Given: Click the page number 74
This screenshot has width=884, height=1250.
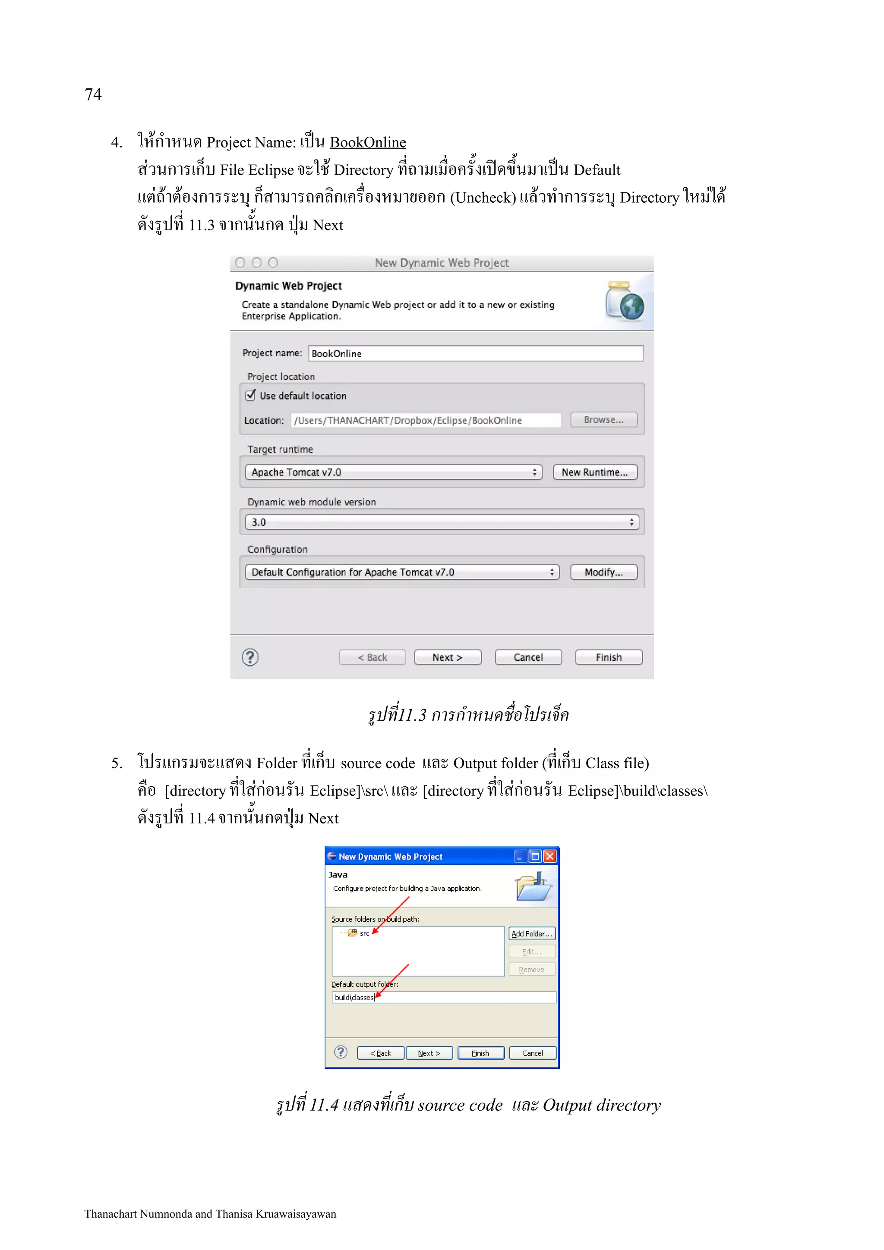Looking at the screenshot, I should click(93, 94).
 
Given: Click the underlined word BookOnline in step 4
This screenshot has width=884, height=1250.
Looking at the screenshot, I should click(368, 143).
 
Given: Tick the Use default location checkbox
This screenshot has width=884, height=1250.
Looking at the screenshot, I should click(250, 395).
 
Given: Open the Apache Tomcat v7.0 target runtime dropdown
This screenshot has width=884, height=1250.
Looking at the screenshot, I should click(393, 472).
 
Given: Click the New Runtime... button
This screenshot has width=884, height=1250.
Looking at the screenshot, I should click(594, 472).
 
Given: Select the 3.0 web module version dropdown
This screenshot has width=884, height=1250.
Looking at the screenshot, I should click(442, 522).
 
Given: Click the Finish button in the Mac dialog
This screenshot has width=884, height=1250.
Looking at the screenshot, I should click(608, 657).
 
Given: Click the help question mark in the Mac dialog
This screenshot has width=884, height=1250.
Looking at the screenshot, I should click(250, 657).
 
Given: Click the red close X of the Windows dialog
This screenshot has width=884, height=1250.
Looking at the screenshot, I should click(550, 856).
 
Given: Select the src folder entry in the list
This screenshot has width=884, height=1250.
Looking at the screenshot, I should click(364, 933).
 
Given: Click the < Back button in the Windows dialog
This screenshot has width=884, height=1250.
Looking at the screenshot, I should click(380, 1053).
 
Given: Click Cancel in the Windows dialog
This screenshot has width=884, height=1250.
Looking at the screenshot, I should click(532, 1053).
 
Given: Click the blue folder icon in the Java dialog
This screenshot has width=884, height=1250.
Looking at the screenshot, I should click(533, 887).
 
